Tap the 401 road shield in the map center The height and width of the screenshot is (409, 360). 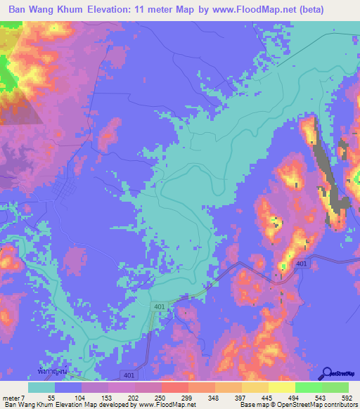pyautogui.click(x=159, y=307)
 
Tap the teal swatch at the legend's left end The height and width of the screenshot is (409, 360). pyautogui.click(x=41, y=387)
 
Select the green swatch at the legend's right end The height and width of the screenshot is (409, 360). pyautogui.click(x=335, y=387)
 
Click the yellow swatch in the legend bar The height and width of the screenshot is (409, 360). pyautogui.click(x=282, y=387)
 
